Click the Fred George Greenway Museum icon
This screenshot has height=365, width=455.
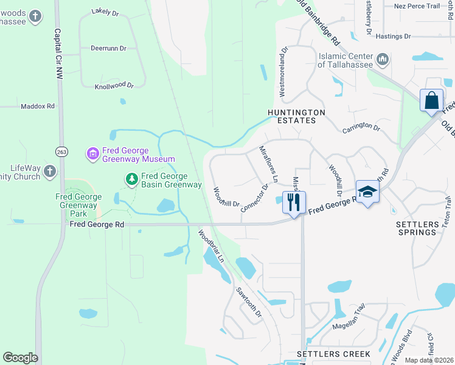coord(92,154)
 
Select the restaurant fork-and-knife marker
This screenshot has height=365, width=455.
coord(294,202)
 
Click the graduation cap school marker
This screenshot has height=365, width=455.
coord(367,192)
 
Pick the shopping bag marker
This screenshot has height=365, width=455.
coord(431,100)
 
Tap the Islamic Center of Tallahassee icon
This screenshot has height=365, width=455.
coord(383,59)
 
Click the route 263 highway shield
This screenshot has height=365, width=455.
coord(61,151)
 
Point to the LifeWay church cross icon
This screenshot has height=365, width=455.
coord(49,173)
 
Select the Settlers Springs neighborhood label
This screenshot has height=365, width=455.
coord(417,228)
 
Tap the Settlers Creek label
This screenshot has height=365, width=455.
coord(333,354)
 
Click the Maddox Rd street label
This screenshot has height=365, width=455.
coord(38,106)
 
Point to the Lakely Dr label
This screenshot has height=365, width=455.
coord(106,12)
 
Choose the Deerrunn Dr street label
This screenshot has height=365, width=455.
coord(108,47)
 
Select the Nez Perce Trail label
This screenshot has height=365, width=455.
coord(417,6)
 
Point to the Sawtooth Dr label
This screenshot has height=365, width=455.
coord(249,302)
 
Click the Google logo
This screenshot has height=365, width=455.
coord(20,358)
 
